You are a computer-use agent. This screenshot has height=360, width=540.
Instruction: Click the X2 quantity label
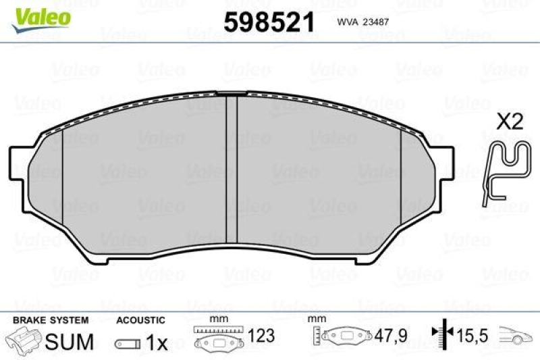[x=510, y=122]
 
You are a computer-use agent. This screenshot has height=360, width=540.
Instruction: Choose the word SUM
[x=69, y=342]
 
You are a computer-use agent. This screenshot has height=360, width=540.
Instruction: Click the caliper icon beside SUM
[x=24, y=340]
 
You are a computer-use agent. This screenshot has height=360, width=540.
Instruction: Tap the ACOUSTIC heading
[x=140, y=320]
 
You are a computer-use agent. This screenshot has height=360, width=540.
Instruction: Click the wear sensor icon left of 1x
[x=128, y=343]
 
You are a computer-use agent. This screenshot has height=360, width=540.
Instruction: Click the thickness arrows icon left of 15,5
[x=441, y=334]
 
